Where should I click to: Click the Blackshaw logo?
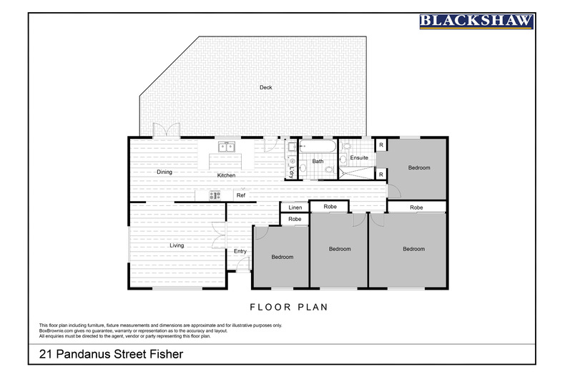476,21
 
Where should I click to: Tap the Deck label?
266,87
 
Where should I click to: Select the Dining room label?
164,172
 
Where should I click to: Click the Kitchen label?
226,175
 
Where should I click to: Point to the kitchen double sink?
227,147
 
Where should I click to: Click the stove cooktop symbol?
215,195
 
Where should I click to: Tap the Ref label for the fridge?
241,195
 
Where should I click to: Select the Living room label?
177,245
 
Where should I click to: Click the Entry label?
240,251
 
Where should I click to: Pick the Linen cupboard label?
295,207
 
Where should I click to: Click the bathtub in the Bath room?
318,147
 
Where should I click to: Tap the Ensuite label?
359,157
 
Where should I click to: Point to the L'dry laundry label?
292,172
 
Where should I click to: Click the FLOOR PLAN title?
289,307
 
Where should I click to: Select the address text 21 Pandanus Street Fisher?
111,354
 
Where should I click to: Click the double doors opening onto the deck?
167,129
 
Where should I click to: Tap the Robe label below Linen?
295,219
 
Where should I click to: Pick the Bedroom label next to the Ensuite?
419,167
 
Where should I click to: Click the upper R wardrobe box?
381,145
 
